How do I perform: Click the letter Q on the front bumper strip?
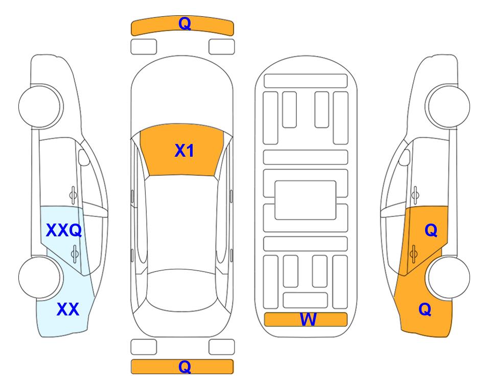185,23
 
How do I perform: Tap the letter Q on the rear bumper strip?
185,366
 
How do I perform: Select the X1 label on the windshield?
184,151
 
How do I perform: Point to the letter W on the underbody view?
308,320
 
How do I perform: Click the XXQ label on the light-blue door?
64,231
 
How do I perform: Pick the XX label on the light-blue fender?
68,309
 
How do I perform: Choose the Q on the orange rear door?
431,231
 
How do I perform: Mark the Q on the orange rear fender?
425,309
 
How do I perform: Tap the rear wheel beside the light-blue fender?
40,277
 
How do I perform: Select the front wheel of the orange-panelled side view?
448,106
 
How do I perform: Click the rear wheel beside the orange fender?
448,277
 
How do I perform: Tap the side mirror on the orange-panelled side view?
405,157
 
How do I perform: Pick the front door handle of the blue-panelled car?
73,195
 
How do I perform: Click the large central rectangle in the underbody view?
306,200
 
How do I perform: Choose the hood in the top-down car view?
182,94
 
